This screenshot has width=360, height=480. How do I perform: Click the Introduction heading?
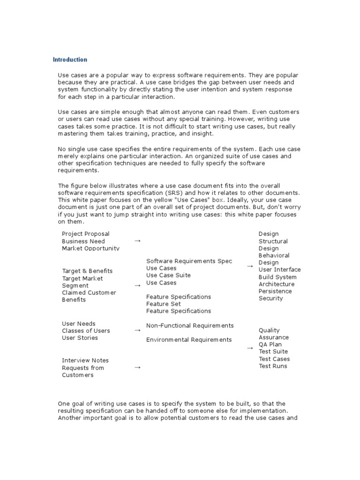tap(70, 60)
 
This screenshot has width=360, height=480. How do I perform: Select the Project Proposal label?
tap(86, 234)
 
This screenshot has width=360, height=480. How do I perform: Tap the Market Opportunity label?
tap(90, 248)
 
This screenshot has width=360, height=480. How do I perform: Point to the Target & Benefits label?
tap(87, 271)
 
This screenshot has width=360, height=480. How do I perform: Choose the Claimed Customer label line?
tap(89, 292)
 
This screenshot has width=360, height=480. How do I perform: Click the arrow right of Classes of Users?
tap(137, 330)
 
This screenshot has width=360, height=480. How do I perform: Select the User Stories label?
tap(80, 337)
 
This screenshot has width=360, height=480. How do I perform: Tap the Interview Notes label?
tap(85, 360)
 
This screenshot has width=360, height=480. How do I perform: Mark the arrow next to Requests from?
tap(137, 368)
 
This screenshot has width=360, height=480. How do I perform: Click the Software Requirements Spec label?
tap(189, 261)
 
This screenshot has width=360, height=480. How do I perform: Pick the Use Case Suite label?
tap(168, 275)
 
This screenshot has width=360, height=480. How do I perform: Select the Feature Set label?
tap(163, 304)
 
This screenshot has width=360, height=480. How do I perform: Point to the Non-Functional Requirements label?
tap(190, 325)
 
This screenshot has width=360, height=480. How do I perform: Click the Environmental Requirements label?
tap(189, 339)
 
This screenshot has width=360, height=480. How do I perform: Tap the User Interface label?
tap(280, 270)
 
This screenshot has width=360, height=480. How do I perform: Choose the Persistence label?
tap(275, 291)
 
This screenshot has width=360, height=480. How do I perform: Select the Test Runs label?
tap(273, 366)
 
